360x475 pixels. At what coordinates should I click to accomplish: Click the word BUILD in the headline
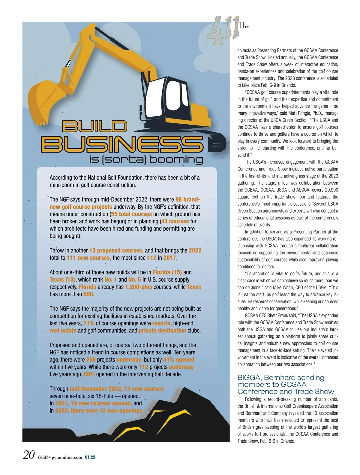pyautogui.click(x=94, y=126)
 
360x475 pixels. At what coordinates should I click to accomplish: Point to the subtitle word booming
pyautogui.click(x=176, y=159)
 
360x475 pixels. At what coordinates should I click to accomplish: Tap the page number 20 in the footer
pyautogui.click(x=29, y=455)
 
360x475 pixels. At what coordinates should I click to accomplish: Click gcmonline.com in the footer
pyautogui.click(x=67, y=457)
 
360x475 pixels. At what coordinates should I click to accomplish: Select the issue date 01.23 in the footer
pyautogui.click(x=90, y=457)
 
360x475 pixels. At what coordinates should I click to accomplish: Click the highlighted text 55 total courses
pyautogui.click(x=131, y=214)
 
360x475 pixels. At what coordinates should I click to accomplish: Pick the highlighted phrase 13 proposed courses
pyautogui.click(x=116, y=250)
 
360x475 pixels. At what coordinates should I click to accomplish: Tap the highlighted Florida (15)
pyautogui.click(x=167, y=272)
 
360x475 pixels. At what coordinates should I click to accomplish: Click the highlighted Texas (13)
pyautogui.click(x=62, y=280)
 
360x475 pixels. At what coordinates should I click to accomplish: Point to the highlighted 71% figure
pyautogui.click(x=89, y=323)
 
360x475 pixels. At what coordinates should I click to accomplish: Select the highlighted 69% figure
pyautogui.click(x=89, y=374)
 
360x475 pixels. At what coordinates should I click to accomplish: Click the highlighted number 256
pyautogui.click(x=91, y=360)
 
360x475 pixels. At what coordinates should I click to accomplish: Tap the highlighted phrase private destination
pyautogui.click(x=162, y=331)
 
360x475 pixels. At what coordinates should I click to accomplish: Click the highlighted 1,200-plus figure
pyautogui.click(x=139, y=287)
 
